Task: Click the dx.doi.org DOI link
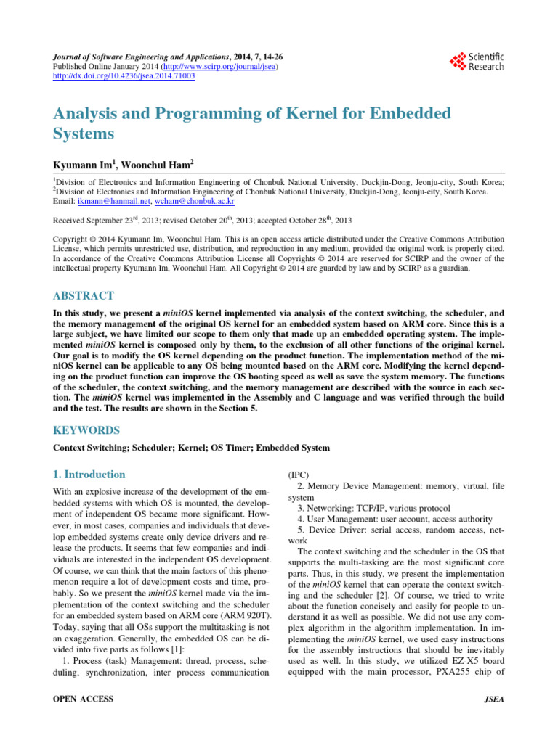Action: tap(124, 75)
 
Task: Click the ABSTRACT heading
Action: tap(84, 296)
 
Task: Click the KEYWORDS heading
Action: tap(86, 430)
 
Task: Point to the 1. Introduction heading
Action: tap(89, 475)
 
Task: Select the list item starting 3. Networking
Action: tap(373, 508)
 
